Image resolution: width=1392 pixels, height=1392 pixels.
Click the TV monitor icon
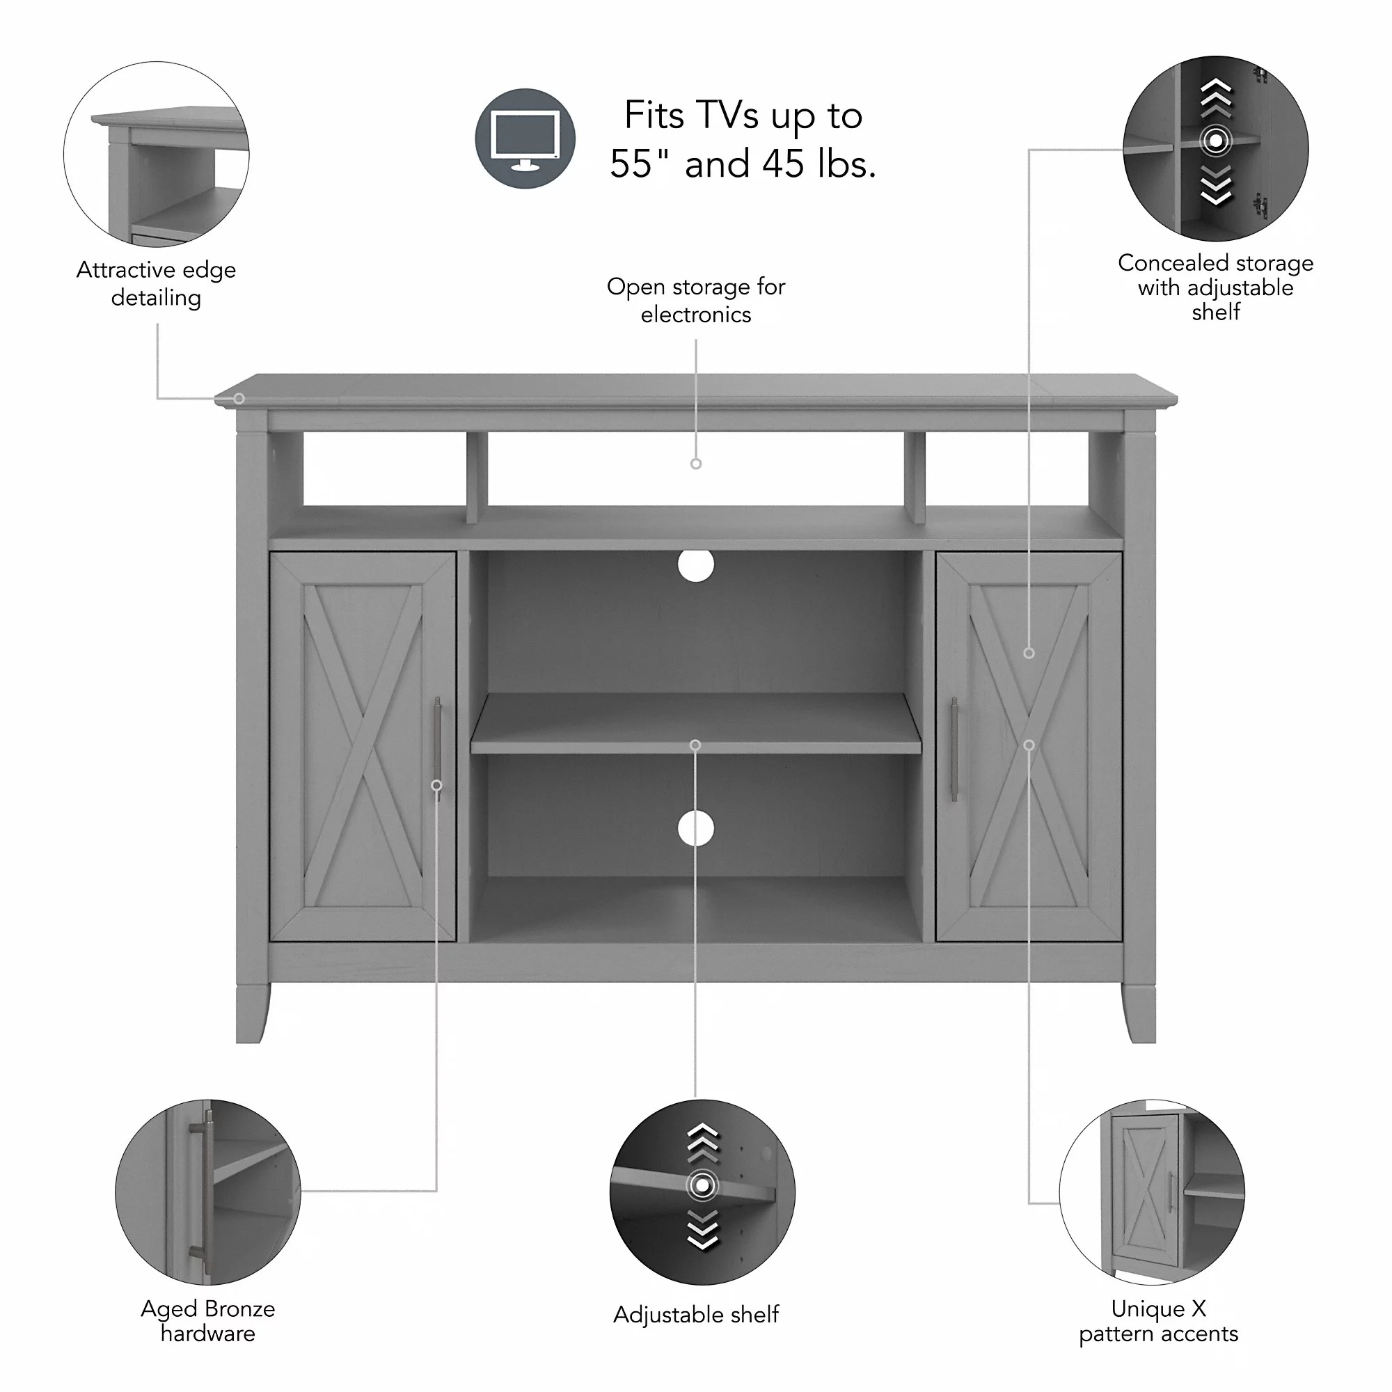click(x=525, y=139)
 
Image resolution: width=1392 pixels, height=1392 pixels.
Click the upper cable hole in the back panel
click(x=695, y=566)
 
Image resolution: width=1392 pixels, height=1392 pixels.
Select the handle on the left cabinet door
click(x=437, y=750)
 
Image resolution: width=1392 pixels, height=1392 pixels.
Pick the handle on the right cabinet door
click(x=954, y=750)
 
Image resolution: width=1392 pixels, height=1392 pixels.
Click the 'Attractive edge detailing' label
click(x=157, y=283)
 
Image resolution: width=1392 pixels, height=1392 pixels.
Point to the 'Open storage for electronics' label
click(x=696, y=300)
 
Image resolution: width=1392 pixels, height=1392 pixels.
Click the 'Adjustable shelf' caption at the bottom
click(x=696, y=1314)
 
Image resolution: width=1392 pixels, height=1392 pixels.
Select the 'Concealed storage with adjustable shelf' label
click(x=1215, y=287)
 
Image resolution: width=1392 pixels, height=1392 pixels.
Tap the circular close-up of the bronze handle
click(x=207, y=1192)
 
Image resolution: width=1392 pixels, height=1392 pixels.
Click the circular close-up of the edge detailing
click(x=157, y=155)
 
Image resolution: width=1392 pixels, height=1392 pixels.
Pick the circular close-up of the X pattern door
click(x=1152, y=1192)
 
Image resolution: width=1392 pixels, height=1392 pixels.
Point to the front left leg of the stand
click(x=252, y=1012)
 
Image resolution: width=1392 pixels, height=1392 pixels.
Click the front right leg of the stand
click(x=1139, y=1012)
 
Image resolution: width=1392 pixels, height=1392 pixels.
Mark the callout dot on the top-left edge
click(x=239, y=398)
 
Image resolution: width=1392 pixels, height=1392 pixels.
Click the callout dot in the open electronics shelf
click(x=696, y=464)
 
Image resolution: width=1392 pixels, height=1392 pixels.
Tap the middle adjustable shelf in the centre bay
click(x=695, y=724)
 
